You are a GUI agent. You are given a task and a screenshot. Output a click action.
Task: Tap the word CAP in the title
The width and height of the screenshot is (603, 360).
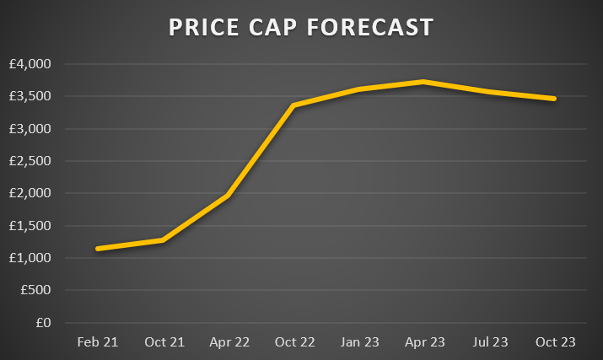point(269,28)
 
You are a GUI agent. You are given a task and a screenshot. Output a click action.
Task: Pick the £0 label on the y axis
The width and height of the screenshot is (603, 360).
point(43,323)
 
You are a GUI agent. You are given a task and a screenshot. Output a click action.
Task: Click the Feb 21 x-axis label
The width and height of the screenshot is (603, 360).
point(98,341)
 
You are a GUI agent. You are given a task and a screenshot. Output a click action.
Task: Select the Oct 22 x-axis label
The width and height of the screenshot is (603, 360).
point(294,341)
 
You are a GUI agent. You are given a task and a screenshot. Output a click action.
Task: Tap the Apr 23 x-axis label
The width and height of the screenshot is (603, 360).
point(424,341)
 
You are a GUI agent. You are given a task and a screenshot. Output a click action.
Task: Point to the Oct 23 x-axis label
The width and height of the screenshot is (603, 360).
point(556,341)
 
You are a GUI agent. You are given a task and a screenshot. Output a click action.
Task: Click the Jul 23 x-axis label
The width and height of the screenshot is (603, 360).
point(490,341)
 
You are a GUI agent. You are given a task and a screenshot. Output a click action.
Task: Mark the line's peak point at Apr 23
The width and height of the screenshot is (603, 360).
point(424,82)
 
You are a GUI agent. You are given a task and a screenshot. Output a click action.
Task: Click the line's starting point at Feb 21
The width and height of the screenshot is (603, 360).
point(98,249)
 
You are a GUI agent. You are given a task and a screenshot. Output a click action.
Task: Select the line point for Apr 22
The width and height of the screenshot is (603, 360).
point(229,196)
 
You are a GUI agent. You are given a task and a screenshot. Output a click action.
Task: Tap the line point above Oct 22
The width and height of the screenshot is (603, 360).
point(294,105)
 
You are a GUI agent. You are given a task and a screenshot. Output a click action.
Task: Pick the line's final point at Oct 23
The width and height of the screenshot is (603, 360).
point(555,99)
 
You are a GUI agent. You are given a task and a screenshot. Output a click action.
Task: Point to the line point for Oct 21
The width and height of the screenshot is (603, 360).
point(163,240)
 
